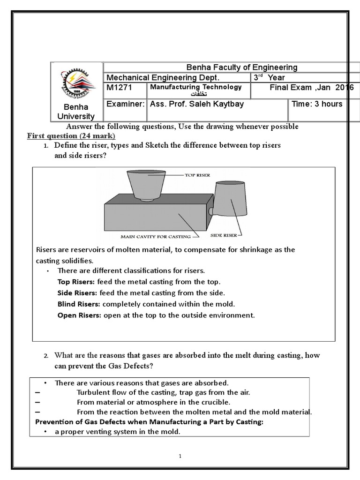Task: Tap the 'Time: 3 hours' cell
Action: [x=317, y=104]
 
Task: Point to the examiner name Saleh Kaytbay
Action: [x=196, y=104]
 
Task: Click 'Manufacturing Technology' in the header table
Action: [x=196, y=87]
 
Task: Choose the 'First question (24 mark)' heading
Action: [x=71, y=136]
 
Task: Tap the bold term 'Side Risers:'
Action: [x=76, y=292]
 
